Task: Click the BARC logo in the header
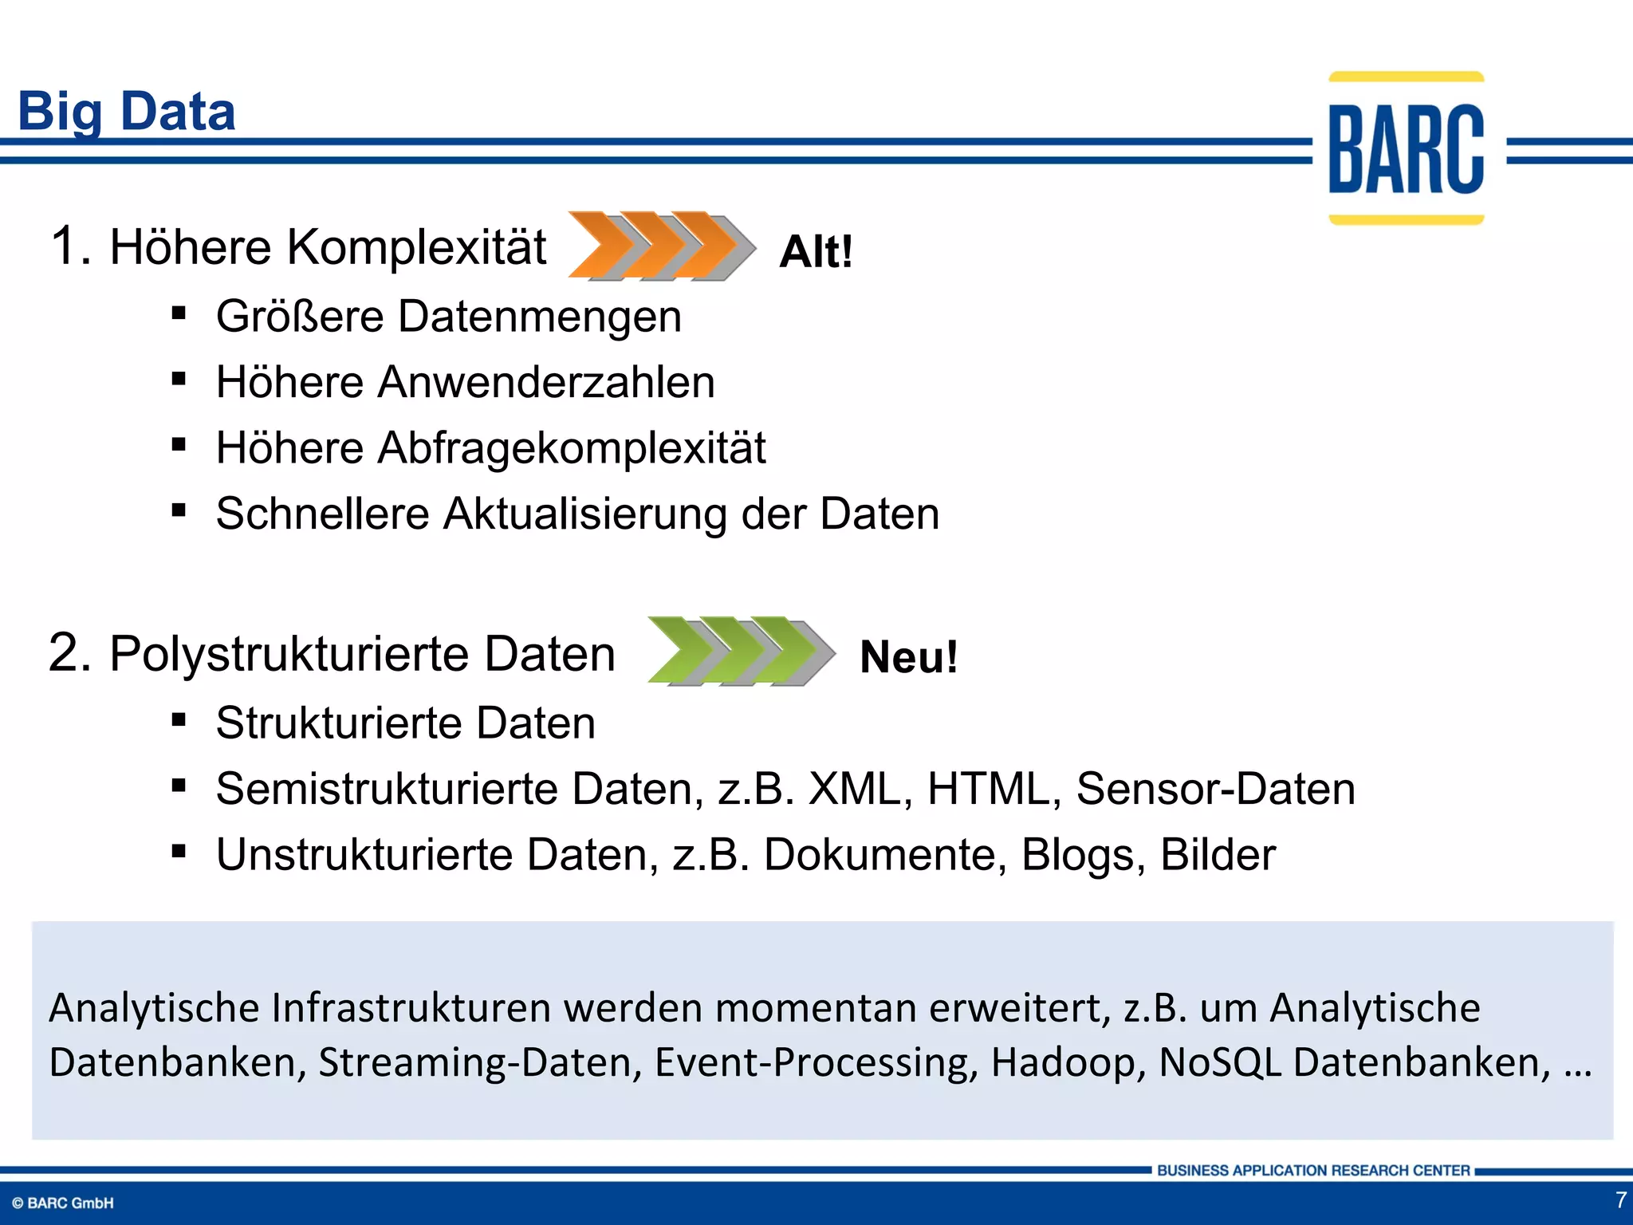pos(1406,149)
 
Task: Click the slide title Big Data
pos(127,111)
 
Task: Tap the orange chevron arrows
pos(661,246)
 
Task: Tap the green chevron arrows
pos(741,651)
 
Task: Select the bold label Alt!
pos(816,252)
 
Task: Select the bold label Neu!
pos(908,657)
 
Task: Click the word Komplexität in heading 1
pos(416,246)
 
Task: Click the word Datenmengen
pos(540,317)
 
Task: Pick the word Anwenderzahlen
pos(545,382)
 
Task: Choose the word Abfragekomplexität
pos(571,447)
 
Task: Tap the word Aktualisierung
pos(584,513)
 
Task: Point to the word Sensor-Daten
pos(1215,789)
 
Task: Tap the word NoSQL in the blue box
pos(1220,1062)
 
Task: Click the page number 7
pos(1620,1199)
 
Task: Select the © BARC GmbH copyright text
pos(63,1203)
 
